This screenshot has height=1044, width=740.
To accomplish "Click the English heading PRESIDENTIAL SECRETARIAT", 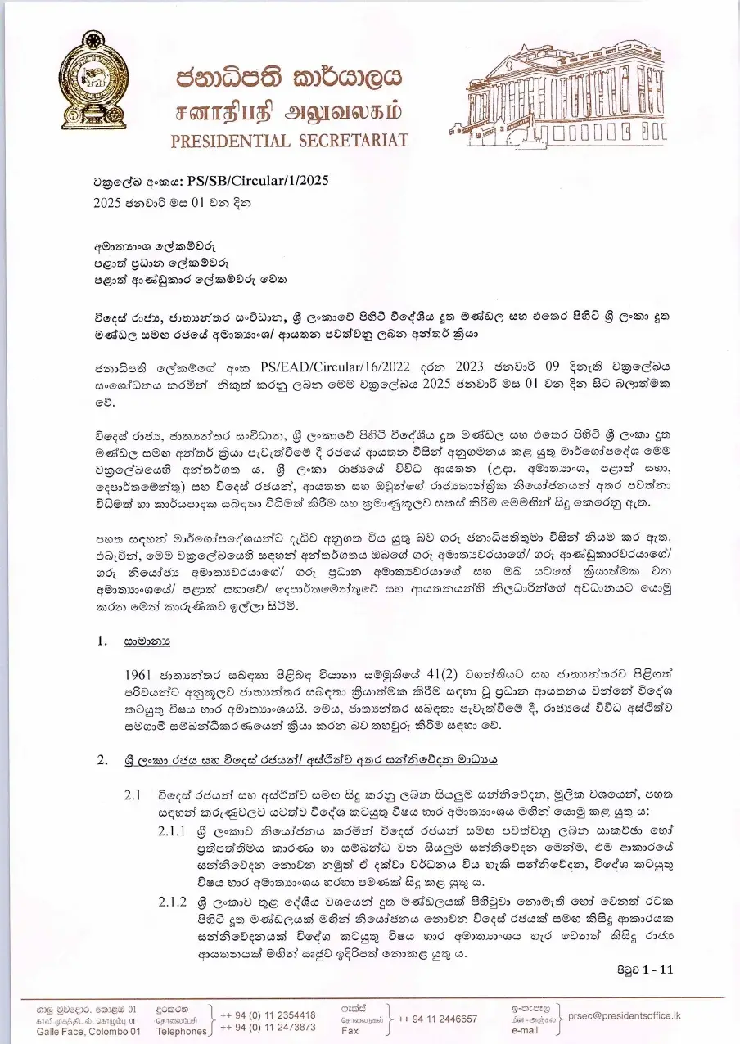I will [289, 140].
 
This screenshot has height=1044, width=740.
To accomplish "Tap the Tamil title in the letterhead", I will [289, 110].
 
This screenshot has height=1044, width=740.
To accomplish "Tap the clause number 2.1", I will [133, 794].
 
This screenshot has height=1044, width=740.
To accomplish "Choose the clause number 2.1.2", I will [173, 901].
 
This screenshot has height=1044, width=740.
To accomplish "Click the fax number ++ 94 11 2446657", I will [437, 1019].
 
